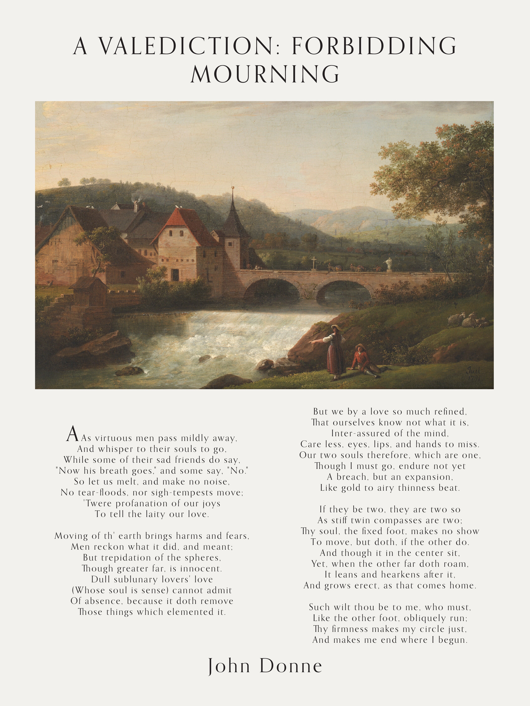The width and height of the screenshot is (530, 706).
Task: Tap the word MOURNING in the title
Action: (x=265, y=74)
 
